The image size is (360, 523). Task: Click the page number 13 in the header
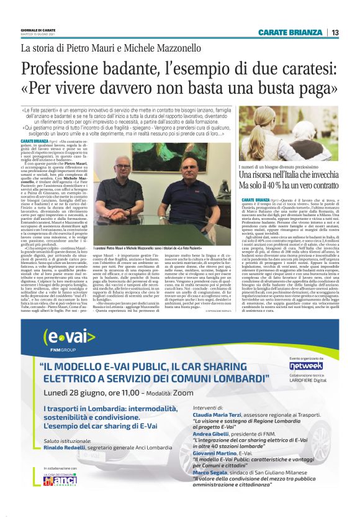point(335,32)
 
